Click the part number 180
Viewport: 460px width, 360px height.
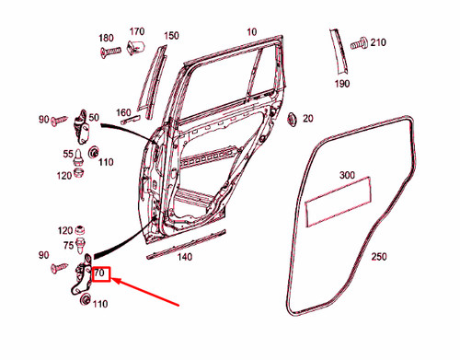106,39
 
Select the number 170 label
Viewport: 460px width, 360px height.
137,31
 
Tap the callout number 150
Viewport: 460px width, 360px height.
171,36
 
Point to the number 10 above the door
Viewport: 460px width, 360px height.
251,32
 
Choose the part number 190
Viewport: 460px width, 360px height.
342,84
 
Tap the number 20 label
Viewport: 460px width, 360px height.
308,118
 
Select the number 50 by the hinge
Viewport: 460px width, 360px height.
93,117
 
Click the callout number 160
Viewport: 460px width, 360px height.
123,113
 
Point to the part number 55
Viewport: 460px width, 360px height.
68,154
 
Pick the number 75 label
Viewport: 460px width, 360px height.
68,245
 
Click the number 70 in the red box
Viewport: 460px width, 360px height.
100,274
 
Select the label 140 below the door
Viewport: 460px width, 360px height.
185,258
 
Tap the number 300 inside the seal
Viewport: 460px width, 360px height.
347,175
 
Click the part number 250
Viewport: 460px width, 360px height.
380,257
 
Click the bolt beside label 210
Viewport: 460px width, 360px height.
358,42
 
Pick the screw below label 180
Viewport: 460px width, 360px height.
107,52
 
